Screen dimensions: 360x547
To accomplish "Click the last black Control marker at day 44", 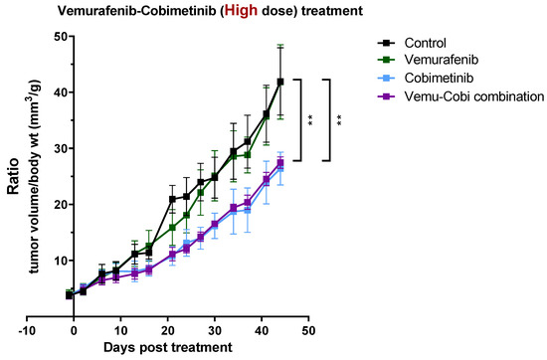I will tap(280, 82).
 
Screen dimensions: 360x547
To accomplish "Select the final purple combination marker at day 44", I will tap(280, 163).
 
